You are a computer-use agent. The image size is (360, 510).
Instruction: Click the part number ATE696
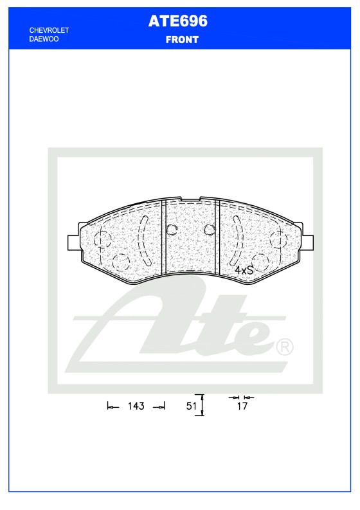tap(178, 21)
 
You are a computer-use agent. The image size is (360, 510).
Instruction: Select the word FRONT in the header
tap(182, 39)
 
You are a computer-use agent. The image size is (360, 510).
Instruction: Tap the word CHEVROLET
tap(50, 31)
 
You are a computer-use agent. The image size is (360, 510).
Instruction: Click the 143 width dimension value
tap(136, 406)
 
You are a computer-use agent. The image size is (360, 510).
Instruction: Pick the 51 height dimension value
tap(191, 406)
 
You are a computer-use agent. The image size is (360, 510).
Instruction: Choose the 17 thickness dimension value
tap(242, 406)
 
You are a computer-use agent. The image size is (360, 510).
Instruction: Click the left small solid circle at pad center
tap(172, 230)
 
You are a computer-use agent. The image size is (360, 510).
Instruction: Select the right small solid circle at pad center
tap(208, 230)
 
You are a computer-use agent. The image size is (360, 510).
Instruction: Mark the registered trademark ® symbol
tap(284, 347)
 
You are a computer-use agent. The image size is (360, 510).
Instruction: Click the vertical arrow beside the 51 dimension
tap(203, 405)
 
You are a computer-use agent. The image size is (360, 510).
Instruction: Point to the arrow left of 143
tap(113, 406)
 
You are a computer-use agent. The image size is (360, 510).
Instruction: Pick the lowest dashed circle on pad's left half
tap(120, 261)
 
